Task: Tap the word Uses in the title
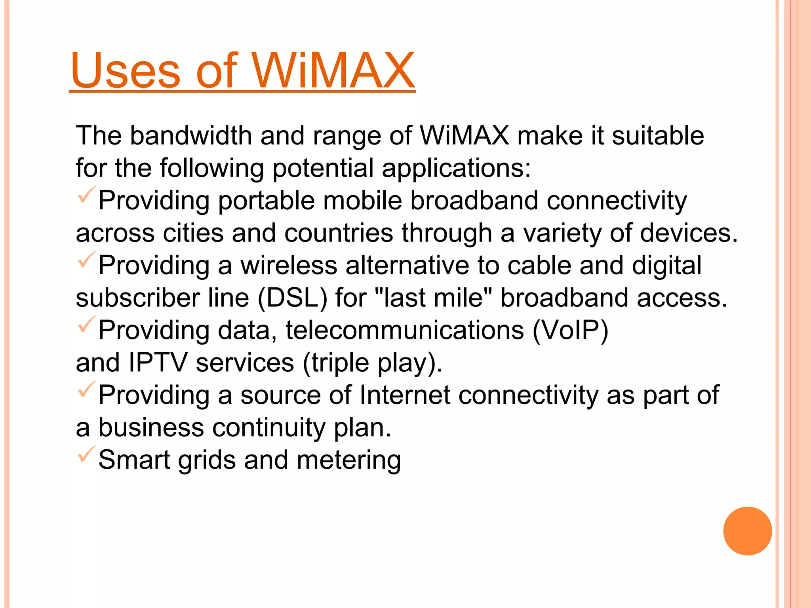click(x=126, y=71)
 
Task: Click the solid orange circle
click(x=747, y=531)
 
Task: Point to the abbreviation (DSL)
click(x=293, y=298)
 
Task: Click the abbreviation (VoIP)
click(x=570, y=330)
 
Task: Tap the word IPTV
click(x=158, y=363)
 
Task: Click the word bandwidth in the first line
click(x=191, y=136)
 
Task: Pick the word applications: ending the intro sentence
click(x=456, y=168)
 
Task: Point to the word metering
click(x=348, y=460)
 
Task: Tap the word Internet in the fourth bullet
click(x=405, y=395)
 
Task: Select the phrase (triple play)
click(x=372, y=363)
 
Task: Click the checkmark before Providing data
click(x=86, y=324)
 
